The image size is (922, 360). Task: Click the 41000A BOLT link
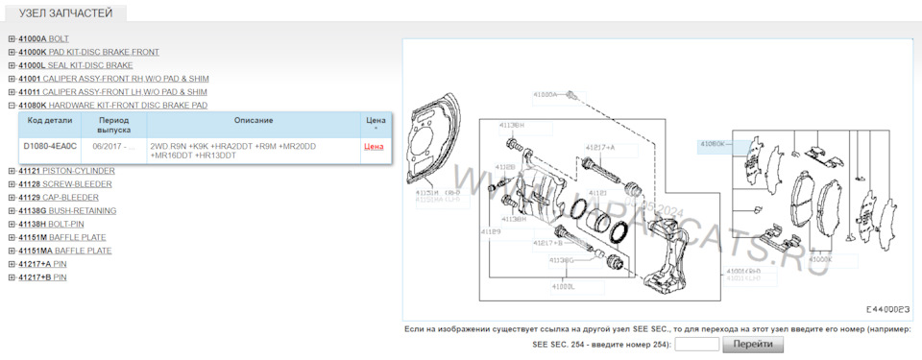pos(43,38)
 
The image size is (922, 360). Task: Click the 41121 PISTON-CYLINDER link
pos(66,171)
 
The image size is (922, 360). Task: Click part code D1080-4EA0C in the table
pos(50,146)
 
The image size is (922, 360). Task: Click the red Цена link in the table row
pos(374,147)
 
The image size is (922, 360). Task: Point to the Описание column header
pos(253,121)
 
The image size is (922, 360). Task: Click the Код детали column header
pos(49,121)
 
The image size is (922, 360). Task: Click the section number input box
pos(697,344)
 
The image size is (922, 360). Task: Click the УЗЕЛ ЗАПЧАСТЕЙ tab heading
pos(65,13)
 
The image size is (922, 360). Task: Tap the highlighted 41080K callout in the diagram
pos(716,144)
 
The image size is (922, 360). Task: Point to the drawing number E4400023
pos(886,310)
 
